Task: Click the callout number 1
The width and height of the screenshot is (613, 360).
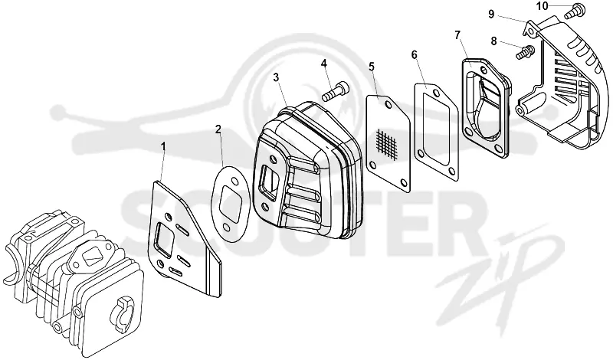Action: pyautogui.click(x=163, y=146)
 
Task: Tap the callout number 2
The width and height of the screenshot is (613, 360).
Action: pyautogui.click(x=218, y=129)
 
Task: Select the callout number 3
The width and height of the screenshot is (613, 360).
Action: pyautogui.click(x=276, y=77)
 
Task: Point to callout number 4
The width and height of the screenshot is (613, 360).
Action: pyautogui.click(x=323, y=63)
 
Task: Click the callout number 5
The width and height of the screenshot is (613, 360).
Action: pyautogui.click(x=372, y=67)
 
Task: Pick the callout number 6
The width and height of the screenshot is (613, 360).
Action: pyautogui.click(x=415, y=54)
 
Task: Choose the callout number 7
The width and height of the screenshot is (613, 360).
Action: pyautogui.click(x=457, y=35)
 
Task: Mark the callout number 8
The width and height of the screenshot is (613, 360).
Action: pyautogui.click(x=493, y=41)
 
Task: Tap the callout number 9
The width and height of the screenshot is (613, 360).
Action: pyautogui.click(x=491, y=15)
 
